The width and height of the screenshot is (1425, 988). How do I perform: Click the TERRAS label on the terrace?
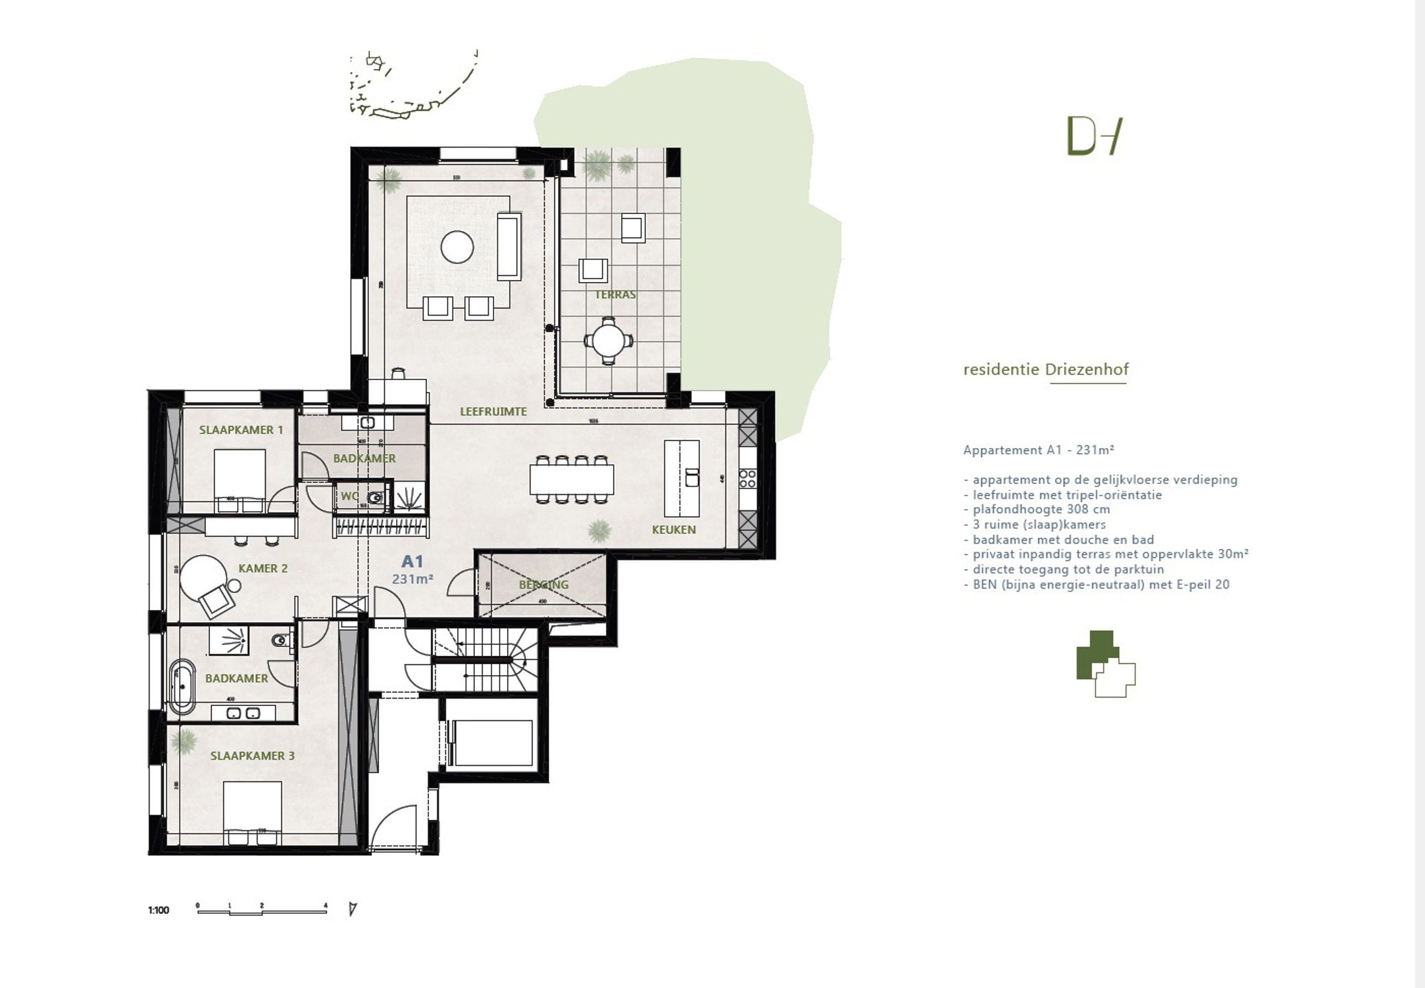[615, 294]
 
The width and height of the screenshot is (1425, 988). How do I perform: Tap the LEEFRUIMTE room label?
[493, 412]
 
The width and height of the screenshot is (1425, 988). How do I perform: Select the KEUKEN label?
[673, 530]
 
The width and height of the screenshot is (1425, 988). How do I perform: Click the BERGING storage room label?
[544, 585]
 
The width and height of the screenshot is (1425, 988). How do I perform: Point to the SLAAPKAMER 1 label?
[241, 430]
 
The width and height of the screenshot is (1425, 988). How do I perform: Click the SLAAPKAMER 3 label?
[253, 755]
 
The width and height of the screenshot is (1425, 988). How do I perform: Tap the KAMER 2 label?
[263, 568]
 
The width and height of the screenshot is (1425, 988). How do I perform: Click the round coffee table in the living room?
[457, 247]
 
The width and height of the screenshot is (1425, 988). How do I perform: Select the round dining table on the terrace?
[608, 340]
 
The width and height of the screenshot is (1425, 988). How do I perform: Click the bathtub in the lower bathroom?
[182, 687]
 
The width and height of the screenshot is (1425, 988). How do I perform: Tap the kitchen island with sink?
[682, 478]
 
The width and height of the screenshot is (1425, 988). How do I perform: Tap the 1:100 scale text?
[159, 910]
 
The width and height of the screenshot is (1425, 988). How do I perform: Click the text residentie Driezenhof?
[1045, 370]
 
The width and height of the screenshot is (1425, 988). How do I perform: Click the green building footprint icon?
[1104, 663]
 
